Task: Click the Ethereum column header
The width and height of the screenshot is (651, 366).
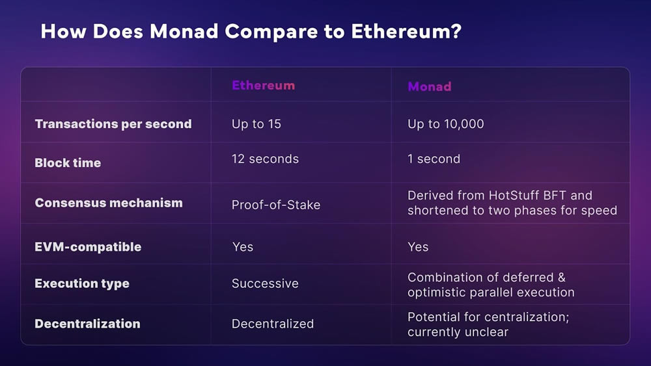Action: [263, 85]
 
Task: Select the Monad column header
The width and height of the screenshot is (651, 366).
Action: [429, 86]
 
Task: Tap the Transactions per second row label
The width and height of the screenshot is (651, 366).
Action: [113, 124]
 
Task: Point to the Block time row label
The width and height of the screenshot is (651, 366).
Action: [68, 163]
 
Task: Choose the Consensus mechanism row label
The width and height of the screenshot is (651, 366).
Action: [109, 203]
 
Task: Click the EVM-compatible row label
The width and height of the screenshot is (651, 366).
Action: [88, 246]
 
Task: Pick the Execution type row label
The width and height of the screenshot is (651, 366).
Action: [82, 283]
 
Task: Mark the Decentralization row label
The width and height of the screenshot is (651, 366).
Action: [88, 324]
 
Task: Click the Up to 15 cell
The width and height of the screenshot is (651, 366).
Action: [256, 124]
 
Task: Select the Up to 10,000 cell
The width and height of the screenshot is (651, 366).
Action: [445, 124]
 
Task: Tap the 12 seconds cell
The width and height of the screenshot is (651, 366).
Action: [266, 159]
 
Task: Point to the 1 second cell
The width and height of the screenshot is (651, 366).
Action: [434, 159]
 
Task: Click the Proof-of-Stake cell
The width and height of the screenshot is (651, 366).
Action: [276, 205]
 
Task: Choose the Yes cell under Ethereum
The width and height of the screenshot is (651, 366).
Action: [243, 247]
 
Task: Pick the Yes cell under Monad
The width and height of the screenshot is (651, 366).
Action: [418, 247]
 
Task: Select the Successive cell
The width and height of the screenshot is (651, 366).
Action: [266, 283]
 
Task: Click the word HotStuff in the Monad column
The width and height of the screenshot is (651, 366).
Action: [514, 195]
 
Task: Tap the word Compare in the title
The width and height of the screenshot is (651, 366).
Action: [271, 31]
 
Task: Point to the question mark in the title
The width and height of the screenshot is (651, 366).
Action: [456, 31]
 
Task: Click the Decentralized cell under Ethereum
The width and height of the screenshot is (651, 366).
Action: [273, 324]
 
